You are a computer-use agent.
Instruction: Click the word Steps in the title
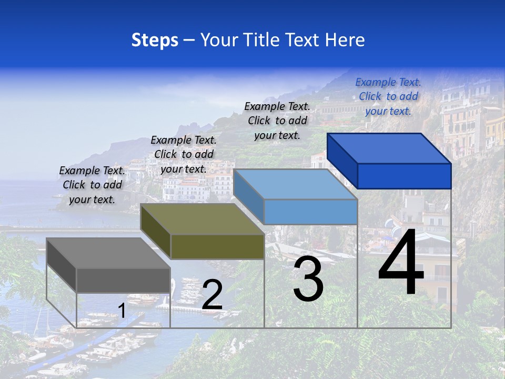tap(155, 40)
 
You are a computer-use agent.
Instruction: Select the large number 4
tap(401, 262)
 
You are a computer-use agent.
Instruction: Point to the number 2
tap(212, 295)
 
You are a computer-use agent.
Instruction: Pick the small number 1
tap(122, 311)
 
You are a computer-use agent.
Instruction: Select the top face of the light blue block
tap(295, 184)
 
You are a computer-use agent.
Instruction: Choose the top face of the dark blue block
tap(389, 148)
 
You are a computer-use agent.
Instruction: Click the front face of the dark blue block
tap(404, 176)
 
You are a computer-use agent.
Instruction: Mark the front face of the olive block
tap(217, 246)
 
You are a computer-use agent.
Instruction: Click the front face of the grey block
tap(123, 280)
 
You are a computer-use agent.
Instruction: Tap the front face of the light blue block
tap(310, 212)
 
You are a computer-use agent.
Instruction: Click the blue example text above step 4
tap(388, 96)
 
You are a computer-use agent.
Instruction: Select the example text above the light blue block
tap(277, 121)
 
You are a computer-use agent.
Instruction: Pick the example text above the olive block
tap(184, 154)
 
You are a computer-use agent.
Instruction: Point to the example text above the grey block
tap(92, 185)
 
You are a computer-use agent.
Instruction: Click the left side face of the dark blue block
tap(342, 161)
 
